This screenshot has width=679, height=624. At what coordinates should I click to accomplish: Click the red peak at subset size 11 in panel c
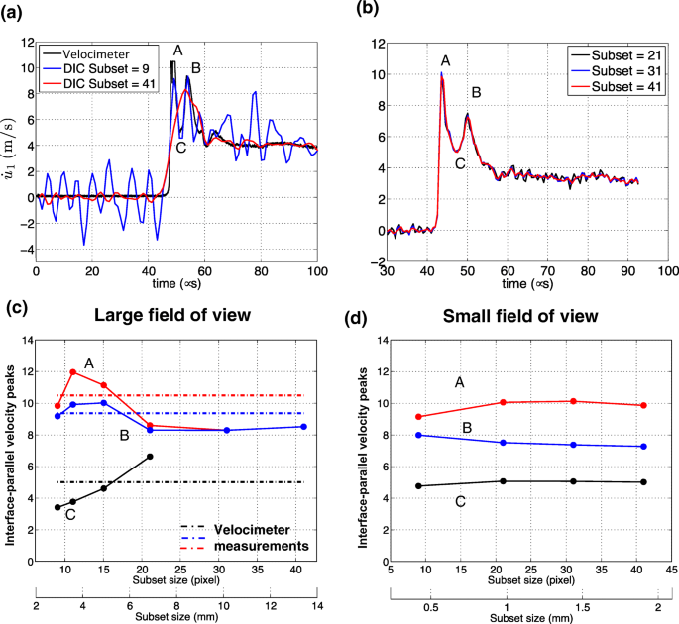(x=73, y=372)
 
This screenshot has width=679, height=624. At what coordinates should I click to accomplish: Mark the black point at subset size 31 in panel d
(x=575, y=481)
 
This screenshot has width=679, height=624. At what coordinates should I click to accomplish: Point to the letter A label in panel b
(x=444, y=61)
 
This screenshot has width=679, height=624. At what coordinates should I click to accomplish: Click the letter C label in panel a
(x=180, y=148)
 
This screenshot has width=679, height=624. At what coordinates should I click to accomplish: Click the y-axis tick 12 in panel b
(x=373, y=43)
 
